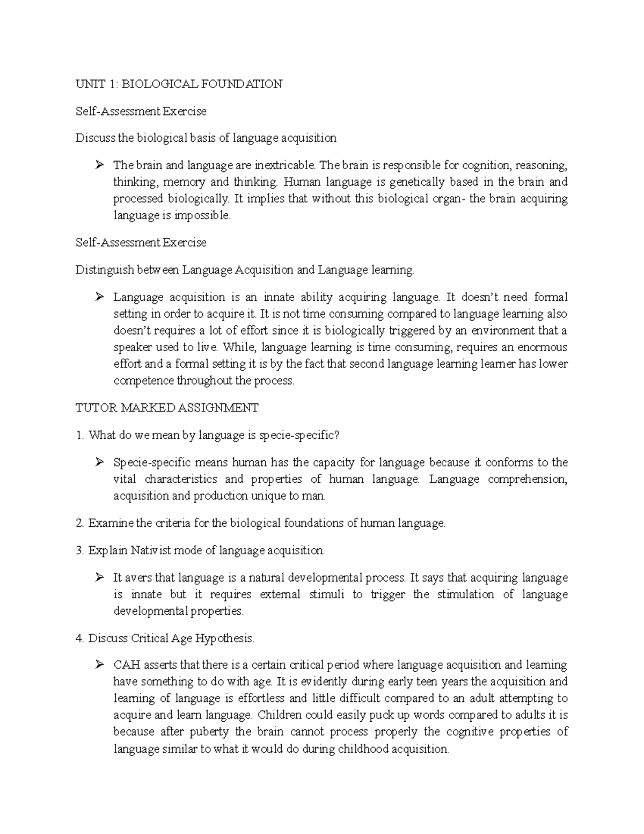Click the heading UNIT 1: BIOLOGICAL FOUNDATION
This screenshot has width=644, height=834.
tap(179, 84)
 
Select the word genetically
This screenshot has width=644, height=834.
tap(418, 182)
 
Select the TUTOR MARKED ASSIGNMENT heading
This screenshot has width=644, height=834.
tap(167, 408)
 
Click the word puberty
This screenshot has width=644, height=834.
tap(209, 732)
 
